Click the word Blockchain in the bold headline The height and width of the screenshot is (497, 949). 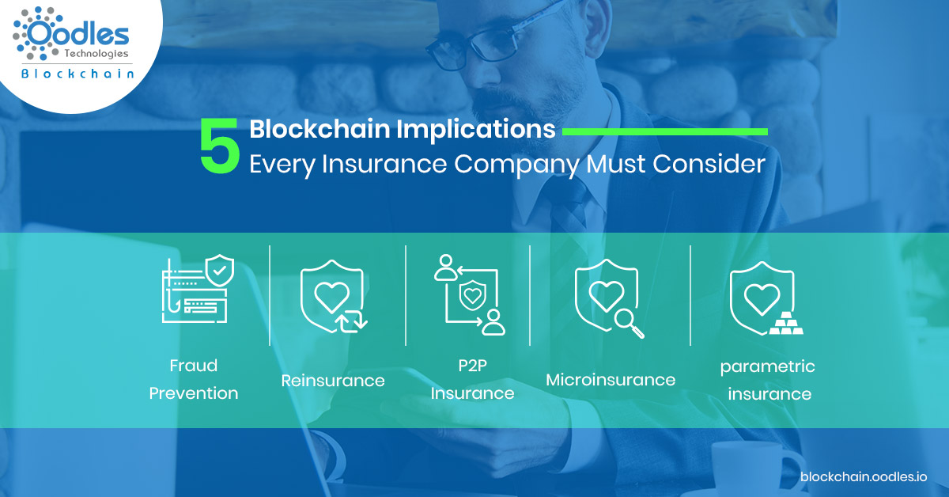tap(319, 128)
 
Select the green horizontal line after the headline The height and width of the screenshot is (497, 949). tap(665, 132)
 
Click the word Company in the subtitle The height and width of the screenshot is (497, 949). tap(517, 165)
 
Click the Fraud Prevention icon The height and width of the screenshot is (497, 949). tap(198, 289)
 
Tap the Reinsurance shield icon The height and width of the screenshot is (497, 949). tap(333, 297)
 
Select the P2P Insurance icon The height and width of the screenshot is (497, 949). tap(470, 294)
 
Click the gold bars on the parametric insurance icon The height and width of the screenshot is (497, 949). tap(786, 323)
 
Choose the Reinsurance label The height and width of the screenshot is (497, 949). tap(333, 381)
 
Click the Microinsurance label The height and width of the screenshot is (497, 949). tap(611, 380)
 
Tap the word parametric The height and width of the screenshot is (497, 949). tap(768, 366)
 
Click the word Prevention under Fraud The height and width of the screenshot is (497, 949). tap(194, 393)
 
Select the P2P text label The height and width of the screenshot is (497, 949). tap(472, 365)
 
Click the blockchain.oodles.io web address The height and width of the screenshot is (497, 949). tap(864, 476)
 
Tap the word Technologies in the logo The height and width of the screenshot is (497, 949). tap(96, 54)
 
